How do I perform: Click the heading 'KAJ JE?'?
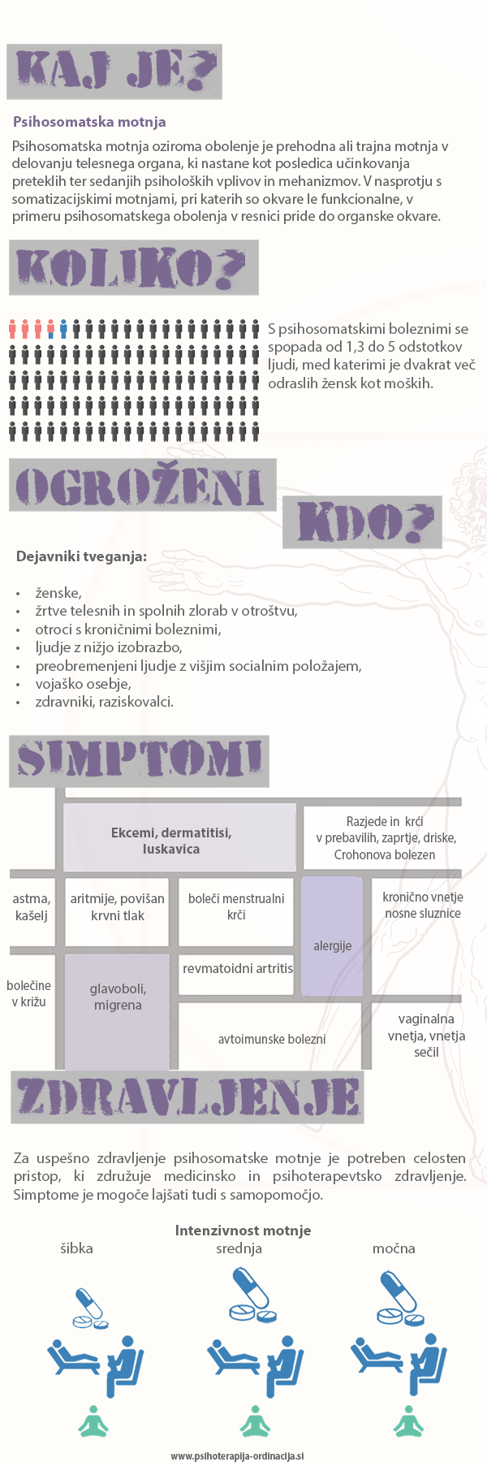click(114, 71)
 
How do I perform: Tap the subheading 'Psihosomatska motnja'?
click(89, 122)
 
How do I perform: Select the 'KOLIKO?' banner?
click(133, 268)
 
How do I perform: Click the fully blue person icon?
click(63, 329)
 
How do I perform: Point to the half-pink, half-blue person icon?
click(50, 329)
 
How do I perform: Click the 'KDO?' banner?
click(363, 521)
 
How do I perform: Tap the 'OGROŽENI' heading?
click(142, 486)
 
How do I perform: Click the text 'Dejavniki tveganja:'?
click(81, 557)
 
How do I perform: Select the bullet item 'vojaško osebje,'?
click(83, 684)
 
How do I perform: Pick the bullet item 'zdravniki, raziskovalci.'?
click(104, 702)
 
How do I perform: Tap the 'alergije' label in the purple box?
click(333, 945)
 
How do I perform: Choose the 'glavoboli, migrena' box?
click(118, 997)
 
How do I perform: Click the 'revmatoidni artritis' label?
click(237, 968)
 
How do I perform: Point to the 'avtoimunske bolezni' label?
click(272, 1040)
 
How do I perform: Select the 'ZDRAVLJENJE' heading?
click(187, 1097)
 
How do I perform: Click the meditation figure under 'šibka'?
click(93, 1421)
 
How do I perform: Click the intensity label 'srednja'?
click(239, 1248)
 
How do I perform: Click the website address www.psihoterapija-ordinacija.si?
click(237, 1456)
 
